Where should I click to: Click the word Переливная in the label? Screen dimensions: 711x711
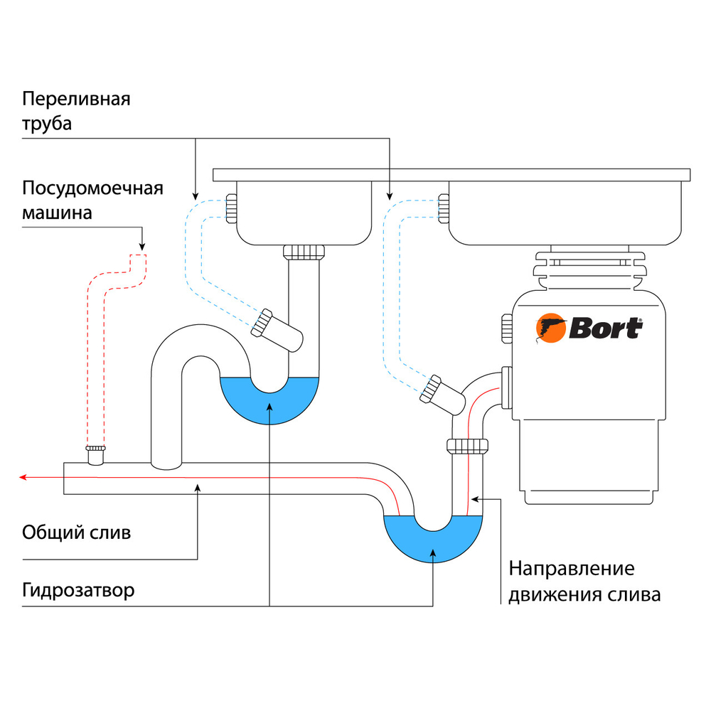coord(76,97)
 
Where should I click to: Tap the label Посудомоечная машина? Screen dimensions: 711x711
coord(92,200)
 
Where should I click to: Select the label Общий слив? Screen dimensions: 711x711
coord(76,533)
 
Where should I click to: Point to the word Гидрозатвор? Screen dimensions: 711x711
coord(78,590)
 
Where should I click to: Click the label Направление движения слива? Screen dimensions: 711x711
coord(584,581)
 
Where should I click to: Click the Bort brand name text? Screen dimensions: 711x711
coord(605,329)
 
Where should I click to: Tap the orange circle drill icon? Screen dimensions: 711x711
coord(550,329)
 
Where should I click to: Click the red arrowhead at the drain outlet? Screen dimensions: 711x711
coord(23,477)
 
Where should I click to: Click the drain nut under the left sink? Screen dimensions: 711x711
coord(304,252)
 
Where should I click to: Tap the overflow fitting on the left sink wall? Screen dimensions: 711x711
coord(231,208)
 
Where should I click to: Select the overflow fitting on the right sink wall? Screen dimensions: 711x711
coord(444,208)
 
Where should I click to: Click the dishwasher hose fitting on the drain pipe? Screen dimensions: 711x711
coord(96,454)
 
